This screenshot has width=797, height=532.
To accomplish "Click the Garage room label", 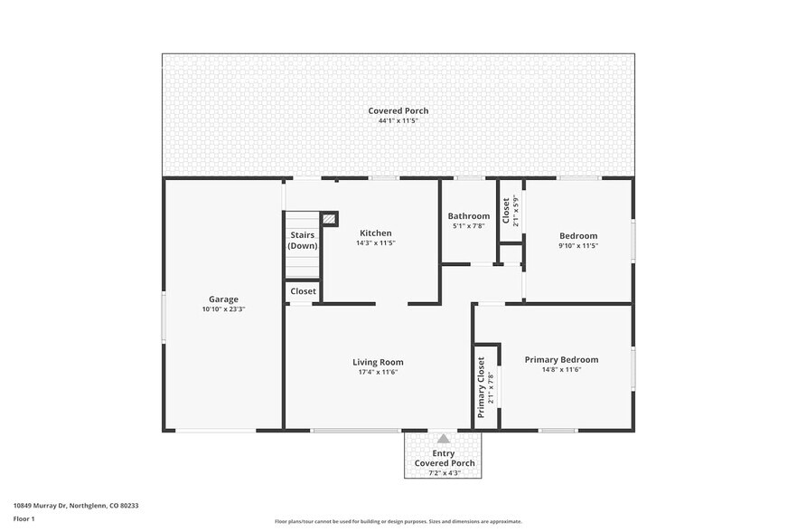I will click(x=223, y=299).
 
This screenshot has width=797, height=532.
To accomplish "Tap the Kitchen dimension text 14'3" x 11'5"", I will click(x=376, y=243).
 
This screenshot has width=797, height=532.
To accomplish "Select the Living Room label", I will click(x=378, y=362).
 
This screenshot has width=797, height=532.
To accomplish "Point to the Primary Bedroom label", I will click(x=561, y=359).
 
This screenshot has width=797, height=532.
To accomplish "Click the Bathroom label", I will click(x=469, y=216).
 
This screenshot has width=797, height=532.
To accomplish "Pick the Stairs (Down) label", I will click(x=303, y=241).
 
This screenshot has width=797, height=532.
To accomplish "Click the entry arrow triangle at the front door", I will click(x=444, y=439).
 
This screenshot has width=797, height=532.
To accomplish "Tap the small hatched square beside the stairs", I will click(x=330, y=219).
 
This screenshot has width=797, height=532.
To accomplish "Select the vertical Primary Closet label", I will click(x=481, y=386).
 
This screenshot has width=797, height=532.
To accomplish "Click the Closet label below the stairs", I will click(x=303, y=291).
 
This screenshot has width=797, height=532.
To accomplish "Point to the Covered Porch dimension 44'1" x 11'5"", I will click(x=398, y=120).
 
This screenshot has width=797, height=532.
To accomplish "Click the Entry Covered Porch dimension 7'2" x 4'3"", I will click(x=444, y=472).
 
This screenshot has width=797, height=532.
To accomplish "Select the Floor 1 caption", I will click(x=24, y=518).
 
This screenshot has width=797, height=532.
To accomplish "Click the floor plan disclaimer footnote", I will click(x=398, y=521).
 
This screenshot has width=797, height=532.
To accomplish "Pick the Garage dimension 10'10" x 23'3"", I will click(x=223, y=309).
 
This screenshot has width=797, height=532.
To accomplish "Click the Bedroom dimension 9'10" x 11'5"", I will click(x=578, y=245).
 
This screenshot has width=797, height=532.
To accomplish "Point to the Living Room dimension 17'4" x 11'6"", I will click(x=378, y=372).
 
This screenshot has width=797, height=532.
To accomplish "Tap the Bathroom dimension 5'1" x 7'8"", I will click(x=469, y=226).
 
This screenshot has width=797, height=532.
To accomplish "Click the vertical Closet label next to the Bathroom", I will click(x=506, y=212).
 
